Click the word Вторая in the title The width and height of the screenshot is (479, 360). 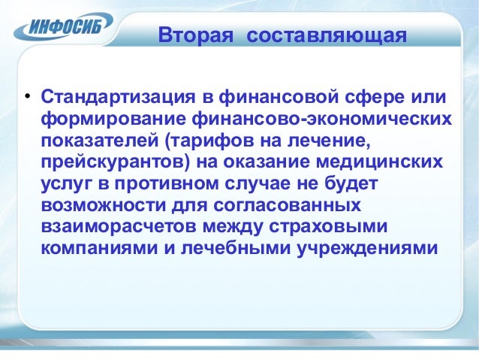[x=191, y=35]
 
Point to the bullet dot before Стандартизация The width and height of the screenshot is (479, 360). [x=26, y=98]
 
